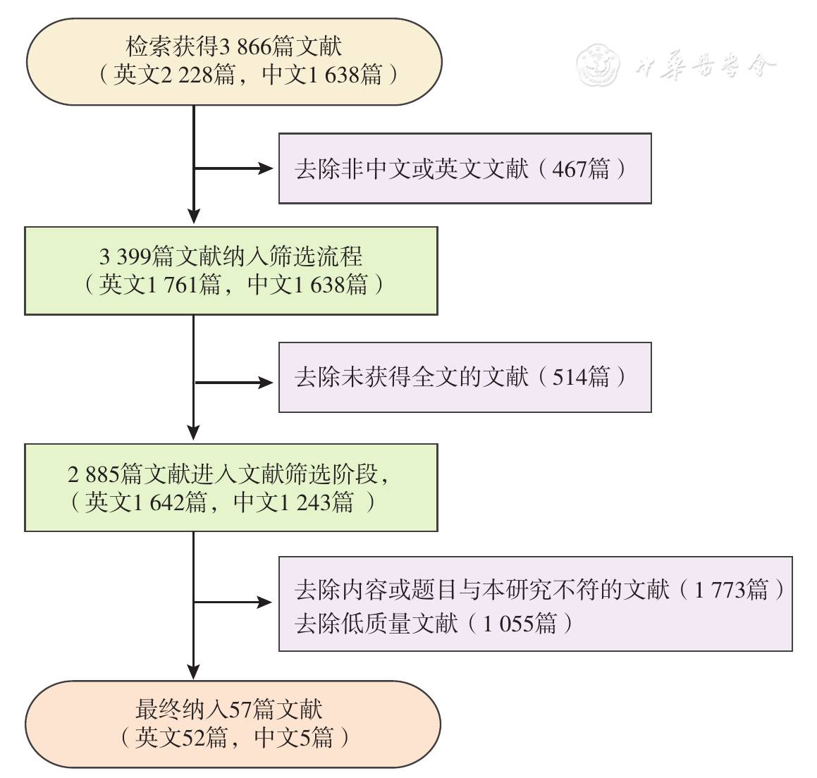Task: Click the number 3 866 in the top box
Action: pyautogui.click(x=246, y=47)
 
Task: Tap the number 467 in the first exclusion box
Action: pyautogui.click(x=569, y=169)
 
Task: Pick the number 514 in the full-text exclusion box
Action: pyautogui.click(x=569, y=378)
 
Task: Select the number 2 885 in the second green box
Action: pyautogui.click(x=94, y=474)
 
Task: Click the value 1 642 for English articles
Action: pyautogui.click(x=159, y=502)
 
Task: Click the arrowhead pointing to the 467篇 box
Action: pyautogui.click(x=266, y=168)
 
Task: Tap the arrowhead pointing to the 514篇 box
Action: pyautogui.click(x=266, y=383)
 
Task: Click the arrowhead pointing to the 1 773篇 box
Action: pyautogui.click(x=266, y=603)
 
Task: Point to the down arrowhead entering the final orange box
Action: pyautogui.click(x=193, y=671)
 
